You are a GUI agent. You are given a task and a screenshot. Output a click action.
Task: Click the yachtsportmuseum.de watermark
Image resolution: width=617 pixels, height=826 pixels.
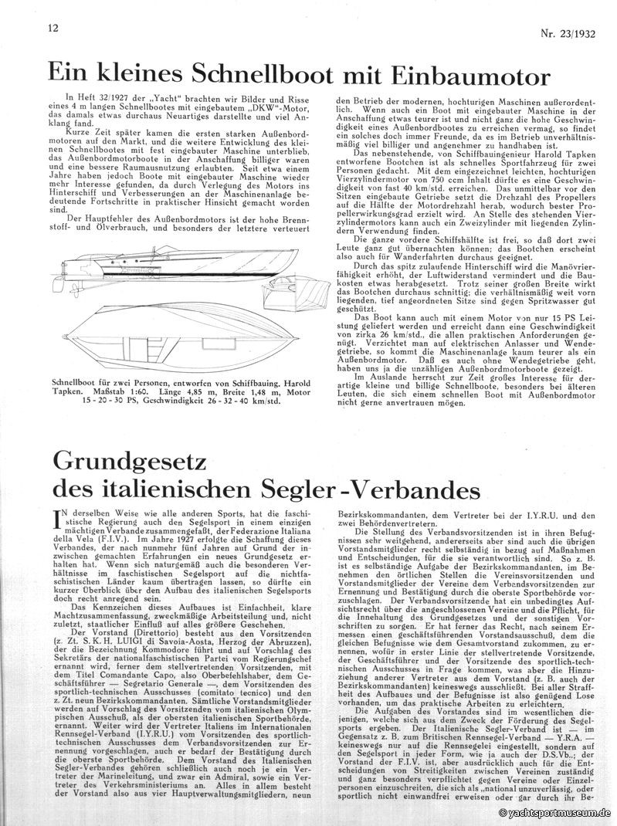[556, 813]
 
